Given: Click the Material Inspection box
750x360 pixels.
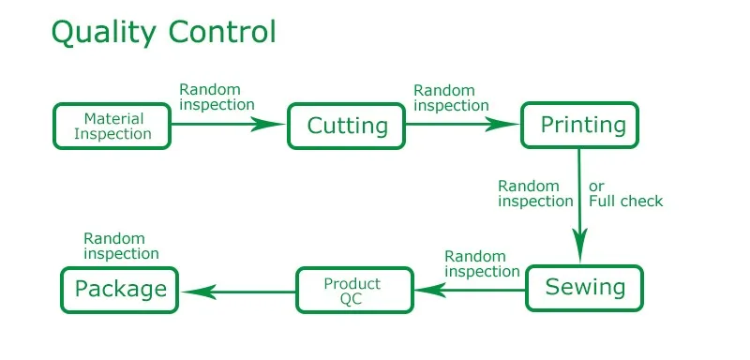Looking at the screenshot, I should pos(113,126).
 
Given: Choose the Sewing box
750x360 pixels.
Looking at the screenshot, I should pos(583,287).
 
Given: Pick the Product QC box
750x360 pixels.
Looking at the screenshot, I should pos(352,291).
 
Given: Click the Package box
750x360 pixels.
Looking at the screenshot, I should pos(120,289).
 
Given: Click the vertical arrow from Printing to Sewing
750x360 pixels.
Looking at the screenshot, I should pos(580,205).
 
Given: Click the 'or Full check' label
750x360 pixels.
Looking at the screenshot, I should pos(625,193).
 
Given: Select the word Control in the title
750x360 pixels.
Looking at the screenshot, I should pos(222,32).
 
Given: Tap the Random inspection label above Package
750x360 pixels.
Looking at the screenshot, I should pos(121,246).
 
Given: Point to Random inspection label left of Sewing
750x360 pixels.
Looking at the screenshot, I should pos(482,263).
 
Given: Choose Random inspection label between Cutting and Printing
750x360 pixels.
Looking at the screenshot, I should pos(451,97).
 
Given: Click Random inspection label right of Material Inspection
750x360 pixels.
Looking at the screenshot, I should pos(217,97).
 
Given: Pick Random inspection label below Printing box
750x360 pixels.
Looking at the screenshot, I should pos(534,193).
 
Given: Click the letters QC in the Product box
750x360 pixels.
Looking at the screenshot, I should pos(352,299).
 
